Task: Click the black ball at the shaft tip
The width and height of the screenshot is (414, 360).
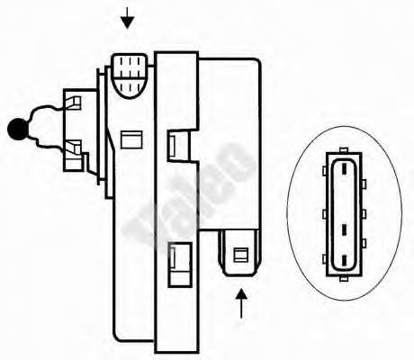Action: coord(18,129)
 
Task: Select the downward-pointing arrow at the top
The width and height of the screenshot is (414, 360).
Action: coord(128,18)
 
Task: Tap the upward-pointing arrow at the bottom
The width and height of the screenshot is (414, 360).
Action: coord(241,303)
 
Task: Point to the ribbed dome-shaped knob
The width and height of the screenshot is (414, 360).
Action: coord(130,76)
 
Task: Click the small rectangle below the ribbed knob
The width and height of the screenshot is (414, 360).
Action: coord(131,139)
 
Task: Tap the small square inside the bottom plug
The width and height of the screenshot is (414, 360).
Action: coord(240,255)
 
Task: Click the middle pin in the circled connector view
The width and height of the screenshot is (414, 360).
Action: coord(344,229)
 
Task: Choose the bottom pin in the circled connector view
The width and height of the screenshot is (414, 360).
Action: coord(344,260)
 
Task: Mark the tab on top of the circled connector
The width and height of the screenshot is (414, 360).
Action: coord(344,150)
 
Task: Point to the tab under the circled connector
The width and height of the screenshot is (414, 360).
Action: coord(344,279)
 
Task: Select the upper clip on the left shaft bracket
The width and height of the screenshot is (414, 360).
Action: coord(73,103)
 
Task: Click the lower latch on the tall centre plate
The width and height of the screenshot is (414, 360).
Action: coord(179,265)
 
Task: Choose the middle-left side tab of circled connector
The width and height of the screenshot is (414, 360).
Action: coord(325,214)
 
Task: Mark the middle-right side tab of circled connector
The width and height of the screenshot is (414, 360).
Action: coord(364,214)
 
